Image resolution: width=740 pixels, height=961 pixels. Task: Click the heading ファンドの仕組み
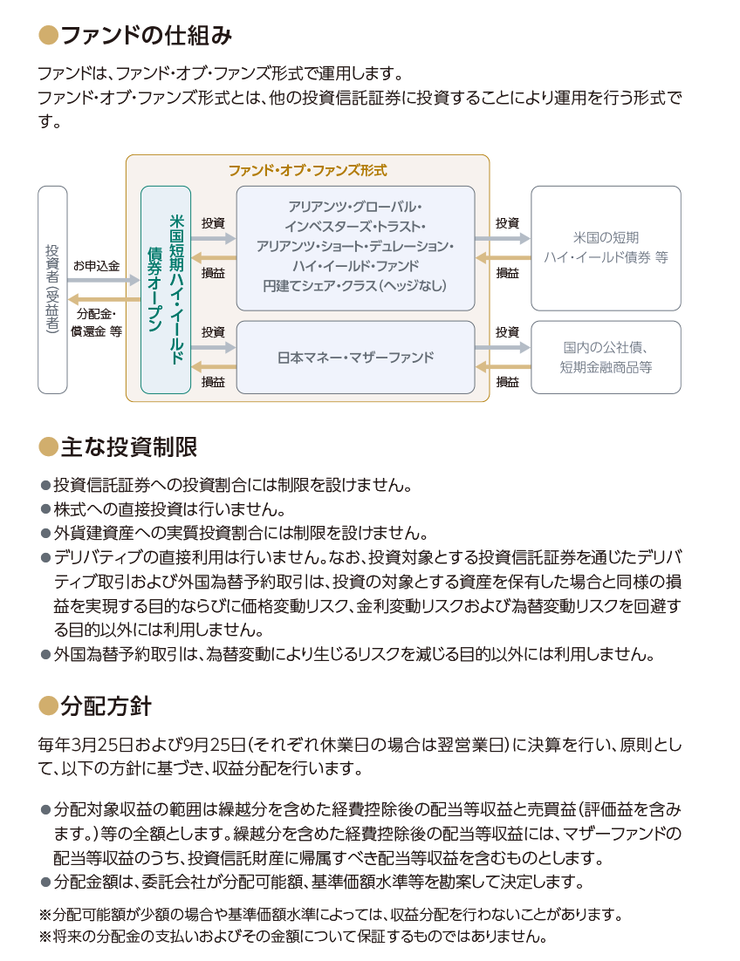(147, 36)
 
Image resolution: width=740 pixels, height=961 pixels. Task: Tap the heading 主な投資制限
(129, 446)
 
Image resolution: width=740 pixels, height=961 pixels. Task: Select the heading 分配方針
(106, 706)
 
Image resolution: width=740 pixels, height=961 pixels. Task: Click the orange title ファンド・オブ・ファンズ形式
(308, 170)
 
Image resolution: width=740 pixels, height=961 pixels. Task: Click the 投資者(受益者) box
(52, 290)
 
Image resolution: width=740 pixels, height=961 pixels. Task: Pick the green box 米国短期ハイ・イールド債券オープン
(166, 290)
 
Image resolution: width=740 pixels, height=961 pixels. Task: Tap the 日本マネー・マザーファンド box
(355, 358)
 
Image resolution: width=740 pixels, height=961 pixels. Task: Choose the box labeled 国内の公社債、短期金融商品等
(606, 358)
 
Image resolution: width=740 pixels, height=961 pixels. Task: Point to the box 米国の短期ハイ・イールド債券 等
(606, 249)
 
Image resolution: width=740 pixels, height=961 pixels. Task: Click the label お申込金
(96, 266)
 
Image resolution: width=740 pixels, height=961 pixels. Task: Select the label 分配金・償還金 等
(96, 323)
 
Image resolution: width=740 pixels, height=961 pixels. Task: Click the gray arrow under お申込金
(104, 281)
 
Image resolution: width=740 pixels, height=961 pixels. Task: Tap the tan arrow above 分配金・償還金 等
(104, 300)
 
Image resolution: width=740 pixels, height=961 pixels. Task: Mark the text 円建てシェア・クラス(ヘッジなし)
(355, 286)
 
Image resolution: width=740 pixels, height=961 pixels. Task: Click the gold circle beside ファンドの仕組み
(49, 36)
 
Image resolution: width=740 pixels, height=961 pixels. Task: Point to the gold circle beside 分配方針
(49, 706)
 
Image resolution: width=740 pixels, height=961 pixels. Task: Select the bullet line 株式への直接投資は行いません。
(164, 508)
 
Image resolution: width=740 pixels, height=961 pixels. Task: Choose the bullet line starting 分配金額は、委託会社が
(312, 882)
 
